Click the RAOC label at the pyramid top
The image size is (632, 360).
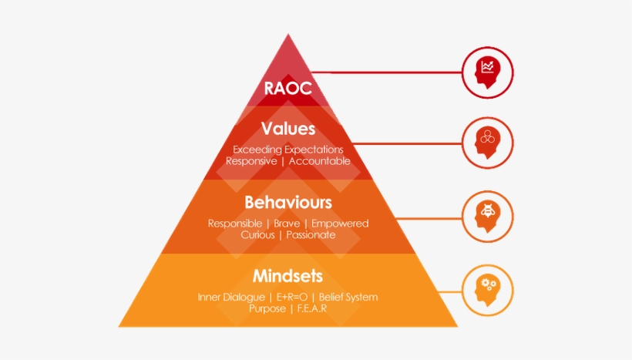287,88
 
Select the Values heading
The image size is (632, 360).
287,129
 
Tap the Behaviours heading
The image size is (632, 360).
287,203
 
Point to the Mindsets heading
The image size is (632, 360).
287,276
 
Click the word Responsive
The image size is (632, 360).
251,161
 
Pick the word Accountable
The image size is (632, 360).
320,161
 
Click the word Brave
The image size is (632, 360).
287,224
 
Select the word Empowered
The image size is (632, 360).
340,224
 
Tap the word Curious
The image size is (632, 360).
257,234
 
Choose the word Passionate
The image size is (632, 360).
311,234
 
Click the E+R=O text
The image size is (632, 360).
292,297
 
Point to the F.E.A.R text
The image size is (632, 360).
312,308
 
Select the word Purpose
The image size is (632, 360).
267,309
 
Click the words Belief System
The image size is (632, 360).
348,298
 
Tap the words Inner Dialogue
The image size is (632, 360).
231,298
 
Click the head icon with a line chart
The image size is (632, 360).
487,72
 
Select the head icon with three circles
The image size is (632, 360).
487,143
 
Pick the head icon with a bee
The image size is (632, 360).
487,217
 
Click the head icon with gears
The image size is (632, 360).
487,291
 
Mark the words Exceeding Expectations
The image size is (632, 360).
287,150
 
